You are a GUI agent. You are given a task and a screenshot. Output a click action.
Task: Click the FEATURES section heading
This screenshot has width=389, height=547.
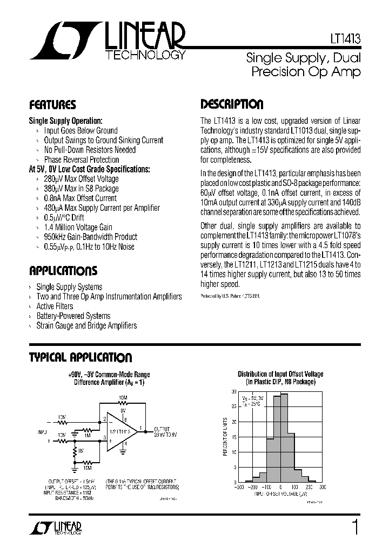(x=52, y=105)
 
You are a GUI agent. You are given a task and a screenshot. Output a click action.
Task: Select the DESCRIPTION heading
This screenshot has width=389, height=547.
(x=232, y=104)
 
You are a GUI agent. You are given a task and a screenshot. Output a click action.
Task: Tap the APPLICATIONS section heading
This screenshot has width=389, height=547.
(x=63, y=271)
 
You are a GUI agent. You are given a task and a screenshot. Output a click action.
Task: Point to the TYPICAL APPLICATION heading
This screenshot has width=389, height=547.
(x=80, y=357)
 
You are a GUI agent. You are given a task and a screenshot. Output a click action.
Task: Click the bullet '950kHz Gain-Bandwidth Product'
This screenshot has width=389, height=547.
(x=90, y=237)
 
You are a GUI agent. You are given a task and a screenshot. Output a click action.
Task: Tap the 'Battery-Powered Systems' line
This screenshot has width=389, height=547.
(x=73, y=316)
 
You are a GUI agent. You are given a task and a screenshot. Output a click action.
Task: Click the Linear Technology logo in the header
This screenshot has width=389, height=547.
(x=108, y=42)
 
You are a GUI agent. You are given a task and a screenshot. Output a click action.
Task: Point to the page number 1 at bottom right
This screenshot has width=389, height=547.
(x=354, y=528)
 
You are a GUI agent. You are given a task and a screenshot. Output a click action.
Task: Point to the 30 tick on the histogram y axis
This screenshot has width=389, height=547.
(x=234, y=391)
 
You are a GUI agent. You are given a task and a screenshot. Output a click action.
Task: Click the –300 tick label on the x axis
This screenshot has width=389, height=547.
(x=238, y=487)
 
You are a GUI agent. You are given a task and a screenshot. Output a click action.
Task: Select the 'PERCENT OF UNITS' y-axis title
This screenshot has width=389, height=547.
(x=226, y=437)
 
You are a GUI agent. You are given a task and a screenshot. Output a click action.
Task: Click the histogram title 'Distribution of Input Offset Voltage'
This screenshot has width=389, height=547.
(x=280, y=374)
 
